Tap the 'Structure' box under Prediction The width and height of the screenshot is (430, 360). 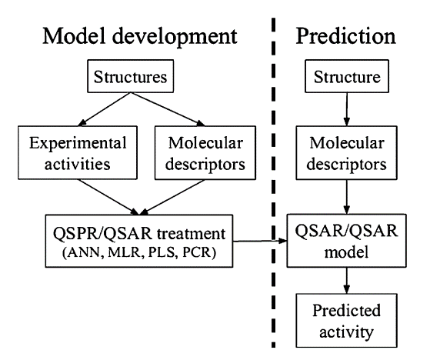click(x=350, y=77)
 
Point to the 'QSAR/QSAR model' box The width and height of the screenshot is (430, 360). click(x=350, y=239)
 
